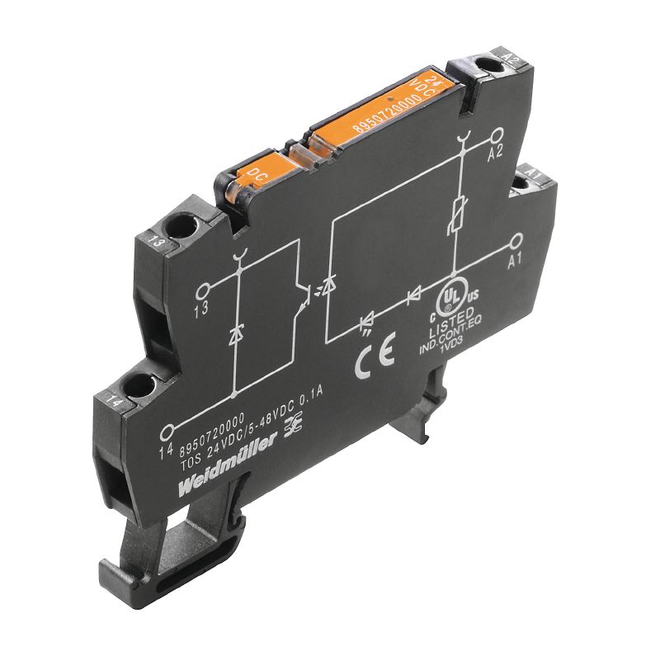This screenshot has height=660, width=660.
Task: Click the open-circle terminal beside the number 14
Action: [170, 429]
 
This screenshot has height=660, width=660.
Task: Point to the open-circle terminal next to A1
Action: [517, 240]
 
